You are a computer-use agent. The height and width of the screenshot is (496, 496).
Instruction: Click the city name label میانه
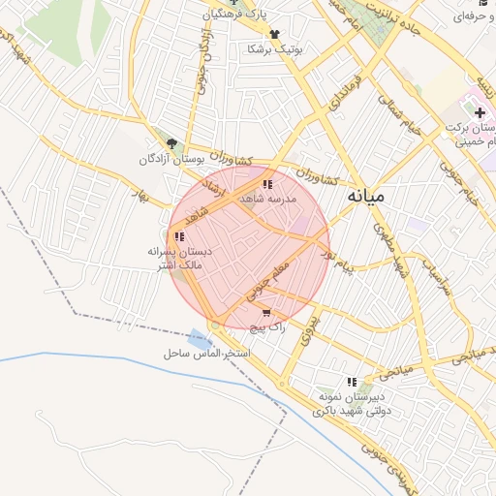365,196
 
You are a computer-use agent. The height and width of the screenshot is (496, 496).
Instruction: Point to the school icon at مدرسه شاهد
266,184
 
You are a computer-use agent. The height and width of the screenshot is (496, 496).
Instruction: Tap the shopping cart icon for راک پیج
266,313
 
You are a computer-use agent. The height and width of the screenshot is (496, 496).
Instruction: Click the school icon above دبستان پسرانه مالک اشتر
178,236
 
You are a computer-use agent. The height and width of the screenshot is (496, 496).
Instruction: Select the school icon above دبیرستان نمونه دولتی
351,382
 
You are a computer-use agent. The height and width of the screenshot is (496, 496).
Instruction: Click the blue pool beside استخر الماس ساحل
200,341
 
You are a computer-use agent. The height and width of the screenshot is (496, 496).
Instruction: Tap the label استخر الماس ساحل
208,356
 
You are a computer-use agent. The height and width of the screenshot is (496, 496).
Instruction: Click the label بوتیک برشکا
275,48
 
